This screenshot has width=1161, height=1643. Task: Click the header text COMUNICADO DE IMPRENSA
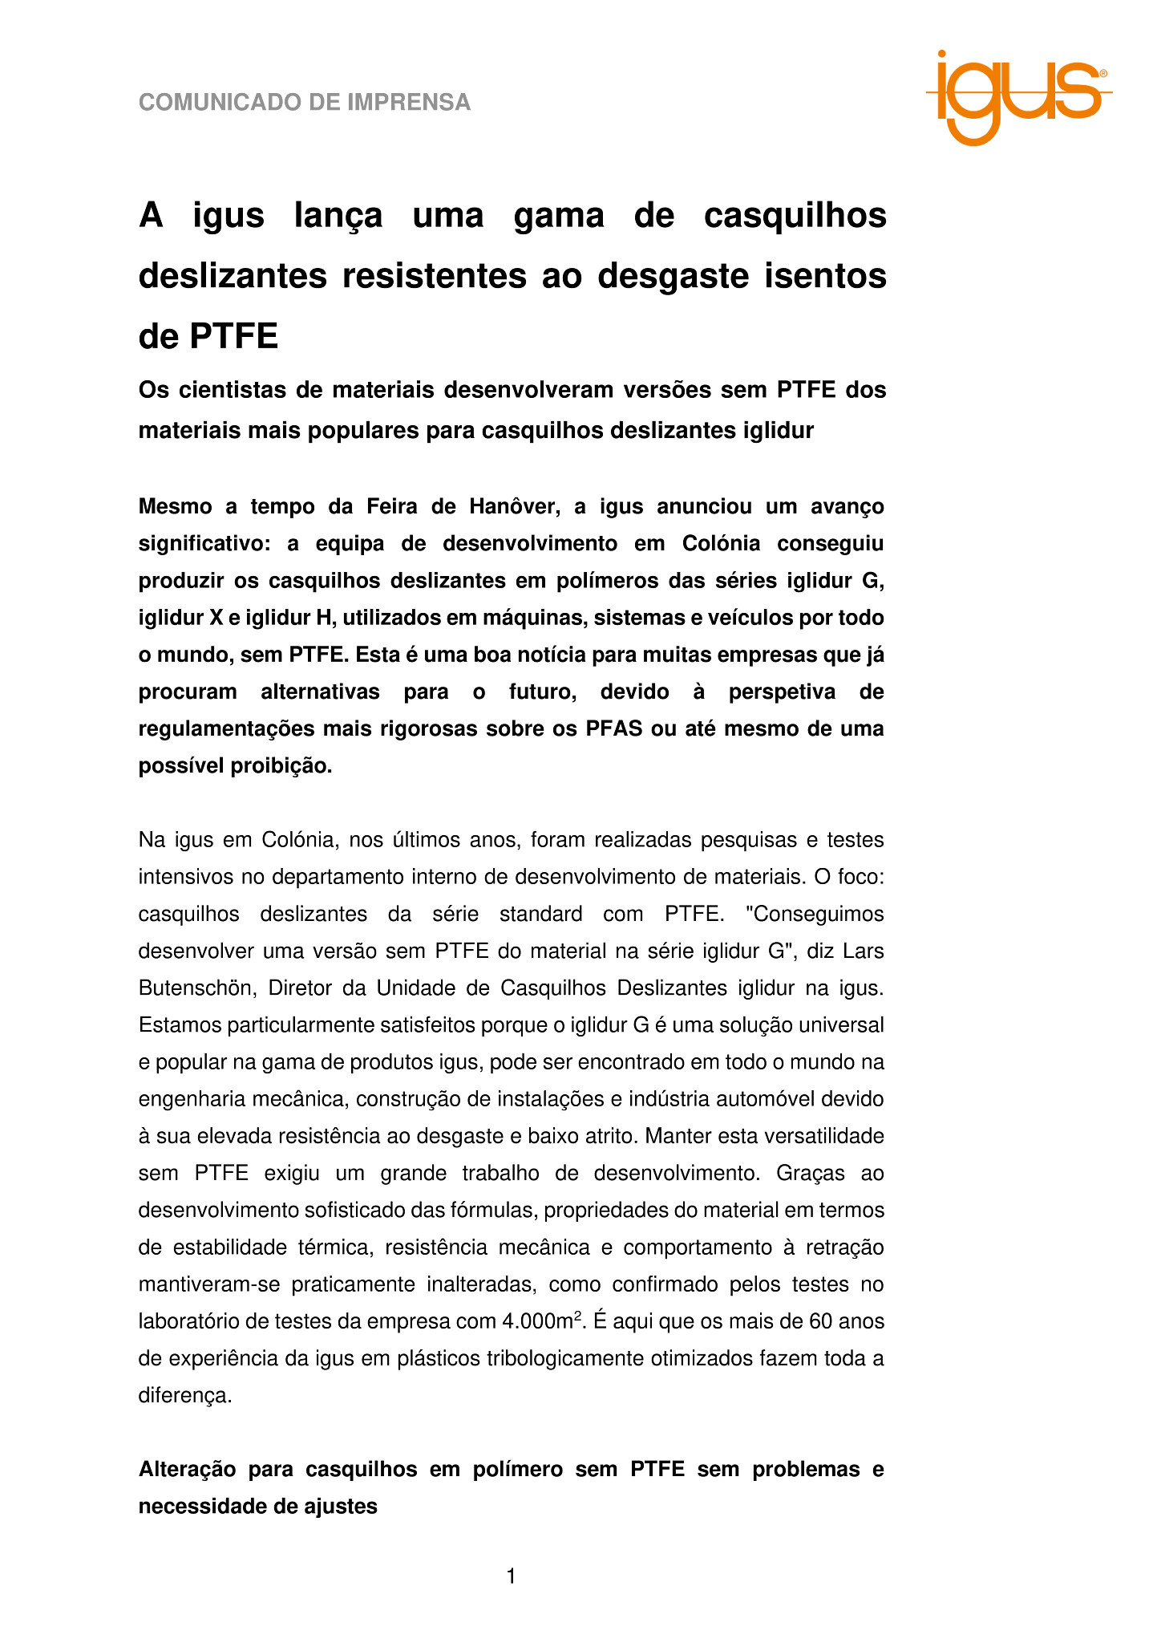tap(305, 103)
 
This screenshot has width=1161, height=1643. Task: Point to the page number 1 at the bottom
tap(511, 1577)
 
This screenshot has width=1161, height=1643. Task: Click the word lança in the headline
tap(338, 216)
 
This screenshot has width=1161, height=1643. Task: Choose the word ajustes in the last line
tap(341, 1506)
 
